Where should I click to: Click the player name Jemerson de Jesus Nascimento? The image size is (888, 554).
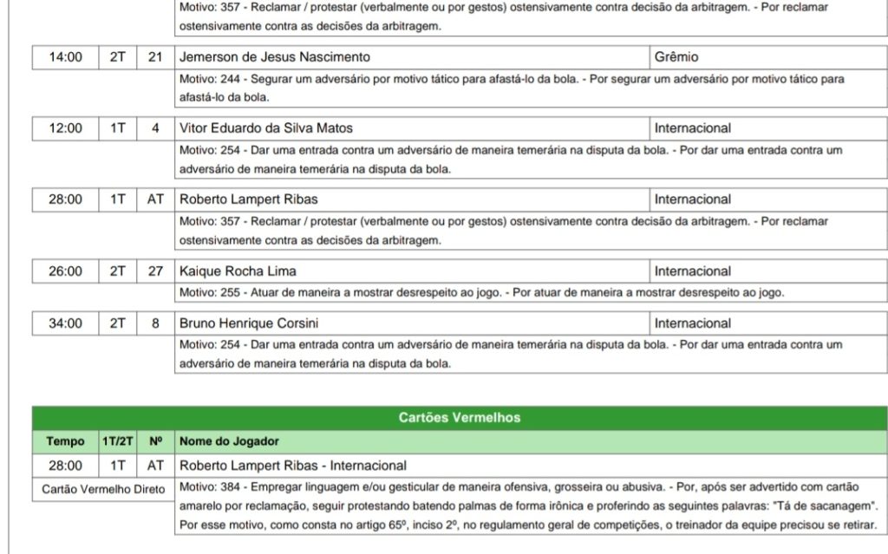[x=275, y=57]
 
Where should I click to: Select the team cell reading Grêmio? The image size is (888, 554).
[x=676, y=57]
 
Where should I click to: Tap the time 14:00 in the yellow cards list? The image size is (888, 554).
[x=66, y=57]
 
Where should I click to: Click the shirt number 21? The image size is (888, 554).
[x=155, y=57]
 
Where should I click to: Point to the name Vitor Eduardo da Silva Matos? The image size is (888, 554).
[x=266, y=128]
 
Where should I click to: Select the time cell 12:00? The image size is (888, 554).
[x=66, y=128]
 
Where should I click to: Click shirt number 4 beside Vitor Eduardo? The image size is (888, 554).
[x=155, y=128]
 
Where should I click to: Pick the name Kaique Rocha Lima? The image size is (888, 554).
[x=238, y=271]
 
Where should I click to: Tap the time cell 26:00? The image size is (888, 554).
[x=66, y=271]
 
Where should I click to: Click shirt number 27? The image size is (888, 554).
[x=155, y=271]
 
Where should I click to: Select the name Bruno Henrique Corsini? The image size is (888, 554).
[x=249, y=323]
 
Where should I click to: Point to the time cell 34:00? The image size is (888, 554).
[x=66, y=323]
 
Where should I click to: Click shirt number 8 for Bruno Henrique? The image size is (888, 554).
[x=155, y=323]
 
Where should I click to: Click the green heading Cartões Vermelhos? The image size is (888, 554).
[x=460, y=418]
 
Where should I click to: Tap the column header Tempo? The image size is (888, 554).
[x=66, y=442]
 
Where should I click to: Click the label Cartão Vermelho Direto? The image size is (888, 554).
[x=103, y=490]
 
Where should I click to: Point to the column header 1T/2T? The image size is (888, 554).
[x=117, y=442]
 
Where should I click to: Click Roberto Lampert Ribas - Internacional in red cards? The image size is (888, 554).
[x=293, y=466]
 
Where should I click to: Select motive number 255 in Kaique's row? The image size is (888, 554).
[x=230, y=293]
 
